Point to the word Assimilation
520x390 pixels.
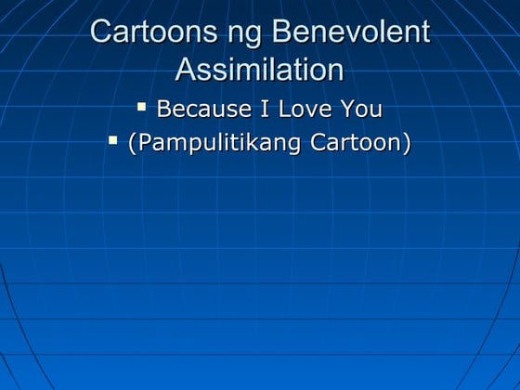[x=259, y=70]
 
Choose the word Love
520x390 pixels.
[x=305, y=109]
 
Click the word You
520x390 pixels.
[x=360, y=109]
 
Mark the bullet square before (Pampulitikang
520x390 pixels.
[x=112, y=141]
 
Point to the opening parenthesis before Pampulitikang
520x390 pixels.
[x=132, y=144]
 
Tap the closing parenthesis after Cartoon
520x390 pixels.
[x=407, y=144]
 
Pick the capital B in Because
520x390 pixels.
[x=164, y=109]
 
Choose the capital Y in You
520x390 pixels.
[x=346, y=109]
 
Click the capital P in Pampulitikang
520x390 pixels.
[x=143, y=144]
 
